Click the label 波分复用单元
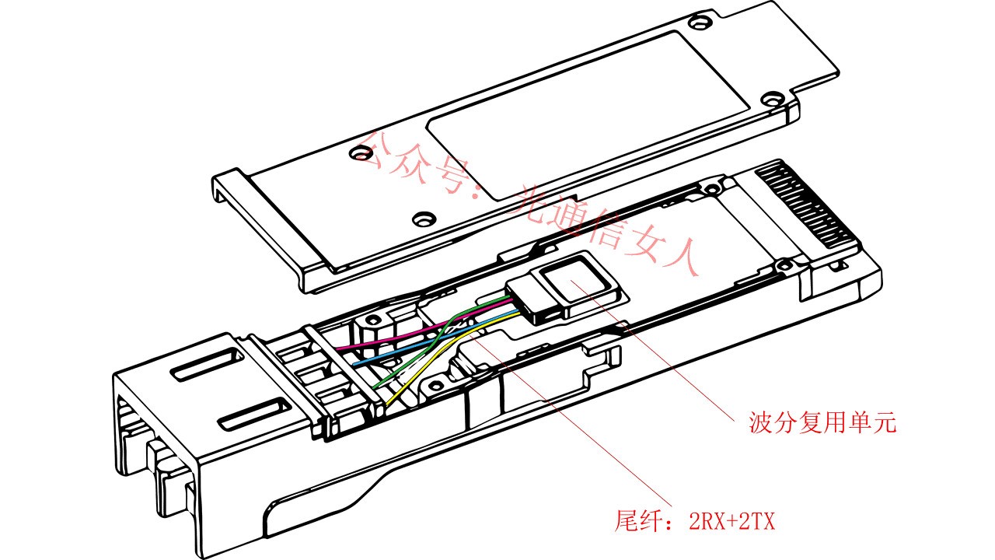[822, 424]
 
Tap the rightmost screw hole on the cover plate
[770, 100]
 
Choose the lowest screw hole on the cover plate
[424, 219]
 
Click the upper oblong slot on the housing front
[200, 365]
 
